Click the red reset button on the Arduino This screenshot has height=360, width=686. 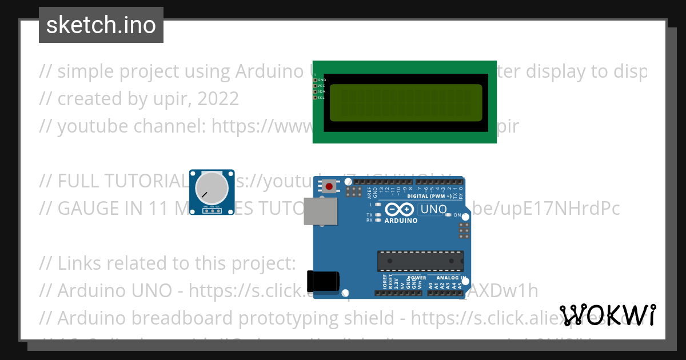[329, 186]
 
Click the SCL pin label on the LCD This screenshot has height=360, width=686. [321, 98]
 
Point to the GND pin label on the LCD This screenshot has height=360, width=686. [321, 80]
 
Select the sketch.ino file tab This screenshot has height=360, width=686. [101, 25]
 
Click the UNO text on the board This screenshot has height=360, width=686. [433, 209]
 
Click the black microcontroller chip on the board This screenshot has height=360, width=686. [420, 260]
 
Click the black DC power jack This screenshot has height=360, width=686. [324, 281]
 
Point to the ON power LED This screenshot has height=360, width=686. [449, 215]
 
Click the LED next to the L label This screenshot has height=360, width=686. [378, 204]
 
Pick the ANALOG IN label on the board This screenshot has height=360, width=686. [448, 278]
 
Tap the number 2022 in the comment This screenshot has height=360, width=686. [217, 99]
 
